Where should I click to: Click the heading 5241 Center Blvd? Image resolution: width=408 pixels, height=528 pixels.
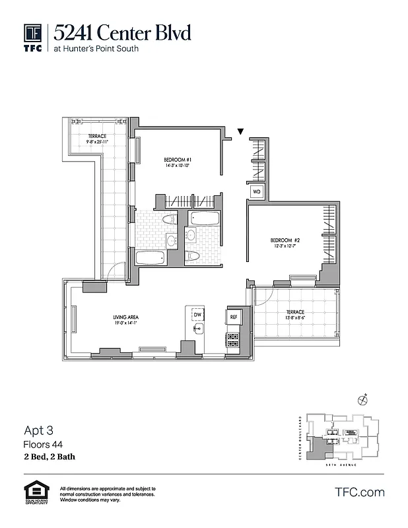[123, 32]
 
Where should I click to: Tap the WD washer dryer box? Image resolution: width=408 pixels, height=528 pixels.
[256, 192]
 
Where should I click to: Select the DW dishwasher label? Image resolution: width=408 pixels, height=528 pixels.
[197, 315]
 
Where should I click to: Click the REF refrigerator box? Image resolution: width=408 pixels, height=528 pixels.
[233, 317]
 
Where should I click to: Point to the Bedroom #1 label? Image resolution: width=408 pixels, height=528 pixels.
[178, 160]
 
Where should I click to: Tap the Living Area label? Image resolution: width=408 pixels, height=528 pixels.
[125, 317]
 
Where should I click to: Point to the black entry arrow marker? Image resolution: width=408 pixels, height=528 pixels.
[241, 132]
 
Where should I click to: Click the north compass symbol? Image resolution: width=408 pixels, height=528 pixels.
[362, 399]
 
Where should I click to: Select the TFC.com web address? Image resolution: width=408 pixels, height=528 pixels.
[360, 492]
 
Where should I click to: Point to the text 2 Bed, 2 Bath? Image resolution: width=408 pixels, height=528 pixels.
[50, 455]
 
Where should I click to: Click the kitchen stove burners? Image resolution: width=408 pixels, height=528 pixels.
[233, 340]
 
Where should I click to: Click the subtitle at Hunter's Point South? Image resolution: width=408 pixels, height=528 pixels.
[96, 48]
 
